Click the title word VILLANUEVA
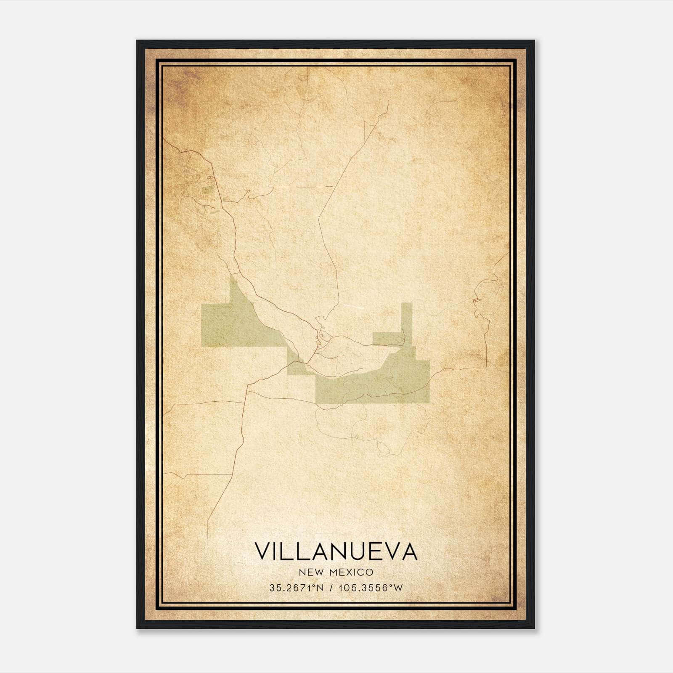(336, 552)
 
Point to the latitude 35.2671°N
(297, 588)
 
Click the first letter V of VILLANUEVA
(262, 552)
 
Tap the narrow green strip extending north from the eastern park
(406, 320)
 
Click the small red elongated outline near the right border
(477, 299)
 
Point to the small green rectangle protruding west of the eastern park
(385, 339)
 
